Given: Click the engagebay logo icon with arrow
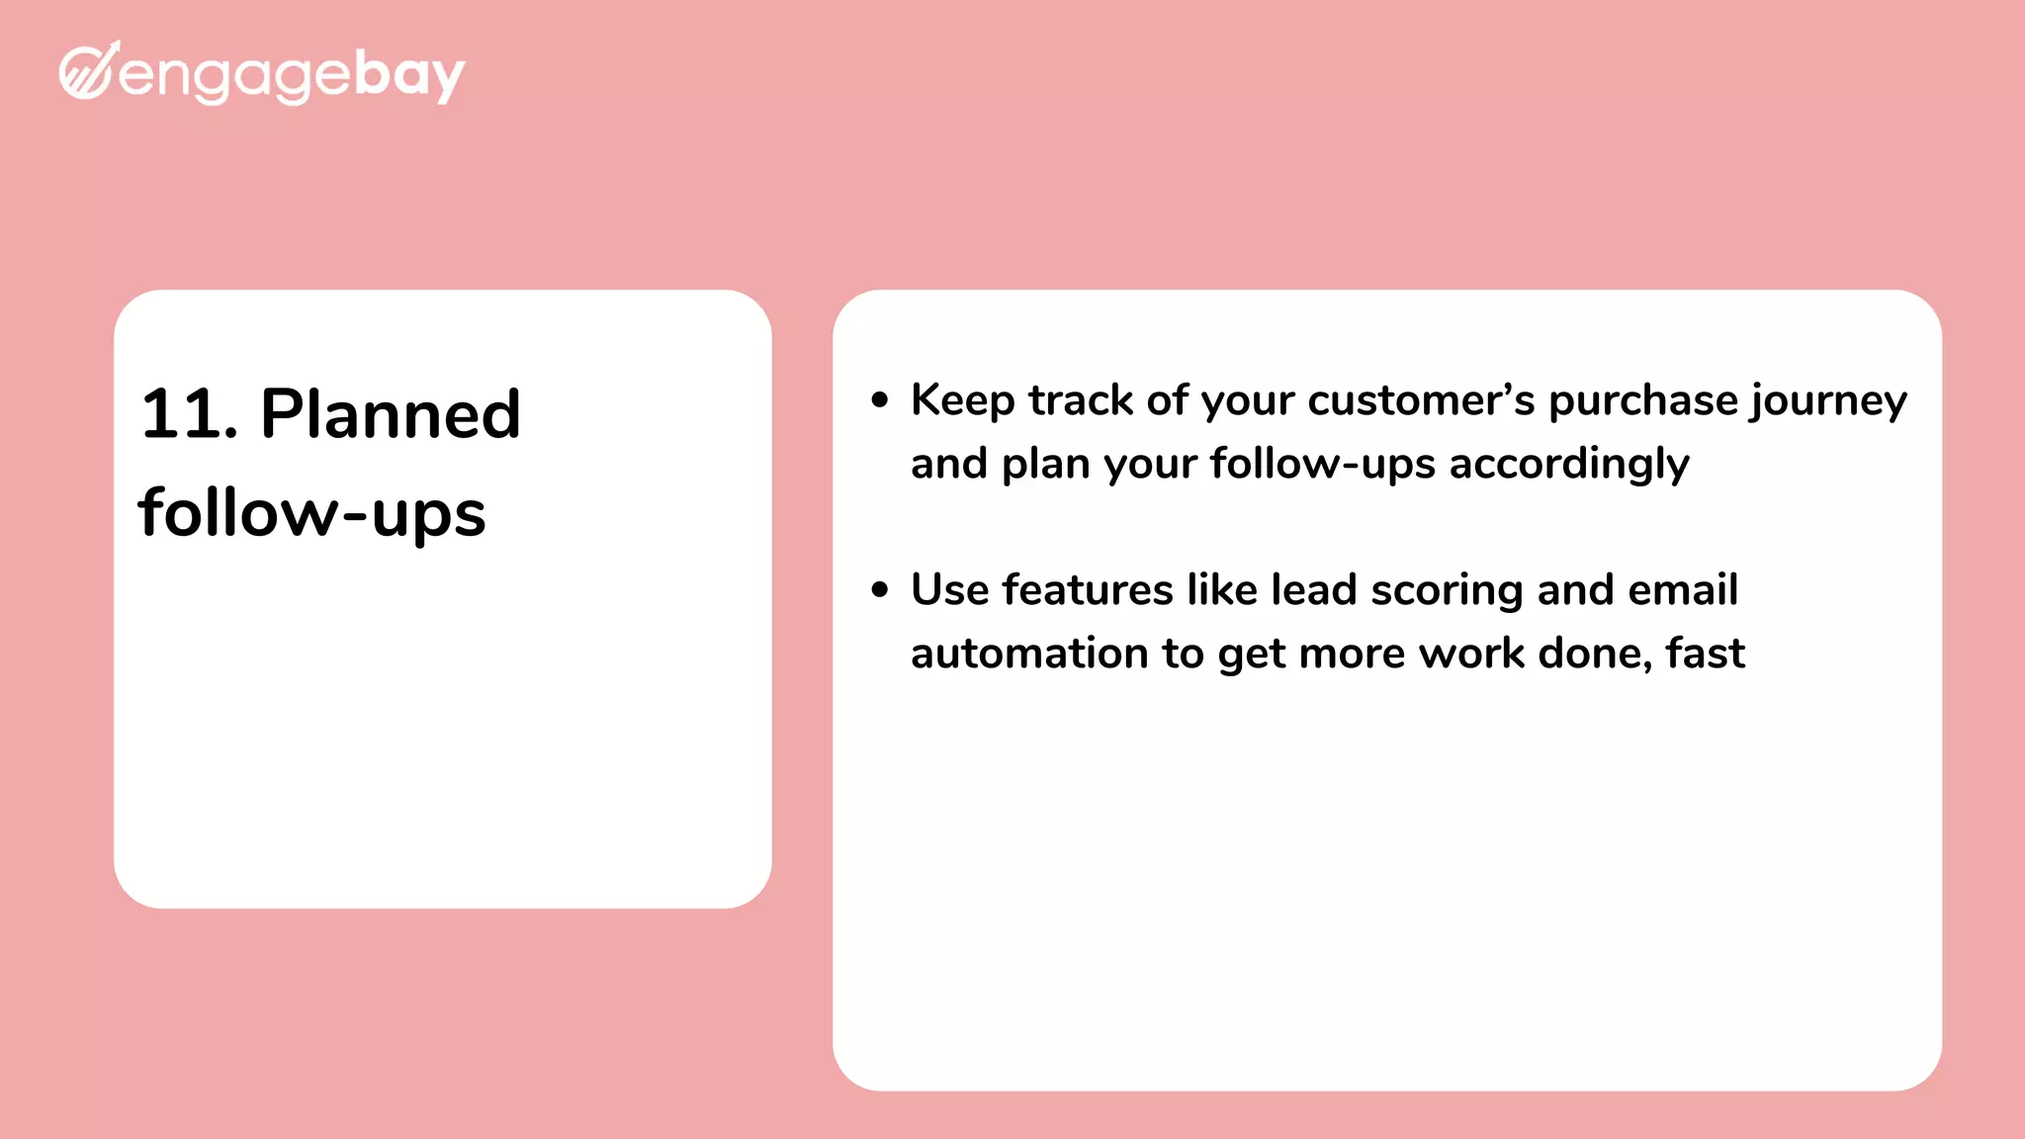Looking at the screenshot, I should point(89,71).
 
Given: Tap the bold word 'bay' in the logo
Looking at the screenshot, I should point(408,75).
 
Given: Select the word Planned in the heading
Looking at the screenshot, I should point(390,414).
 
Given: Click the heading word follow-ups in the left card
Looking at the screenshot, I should point(311,513).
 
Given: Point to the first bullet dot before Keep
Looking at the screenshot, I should point(880,400).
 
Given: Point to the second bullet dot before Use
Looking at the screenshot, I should point(880,590).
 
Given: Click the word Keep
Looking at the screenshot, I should point(962,400).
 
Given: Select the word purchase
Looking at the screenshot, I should point(1642,400).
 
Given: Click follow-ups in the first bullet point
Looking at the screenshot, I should point(1322,464).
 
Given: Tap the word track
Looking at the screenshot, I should point(1080,400).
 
